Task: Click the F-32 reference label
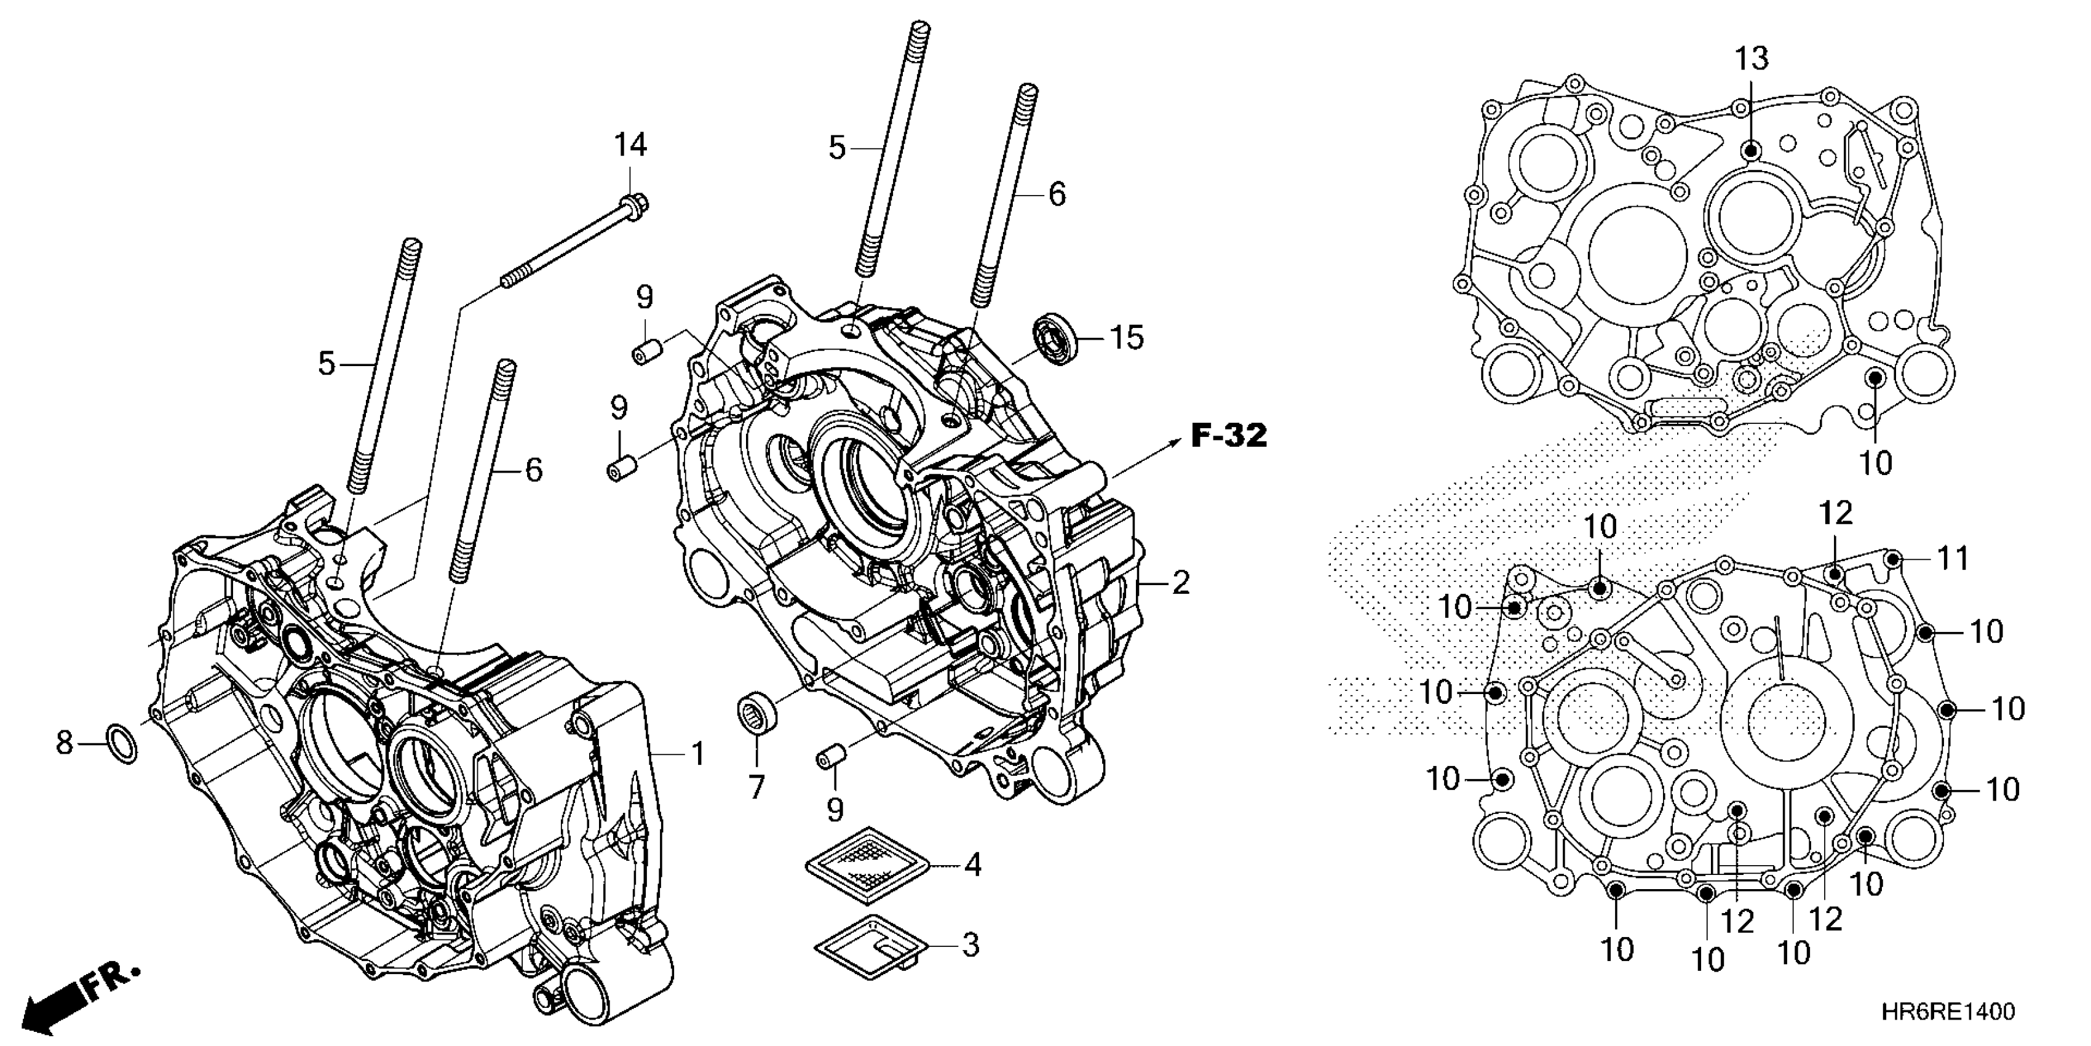coord(1228,437)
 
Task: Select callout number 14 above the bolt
coord(630,145)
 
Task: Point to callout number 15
coord(1126,337)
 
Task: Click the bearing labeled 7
coord(756,711)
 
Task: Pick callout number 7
coord(756,786)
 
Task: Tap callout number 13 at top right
coord(1752,58)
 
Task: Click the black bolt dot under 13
coord(1751,150)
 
